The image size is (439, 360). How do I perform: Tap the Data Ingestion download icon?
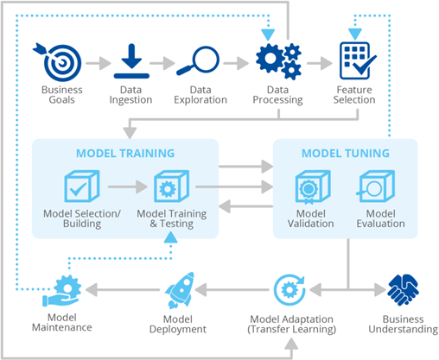(x=131, y=61)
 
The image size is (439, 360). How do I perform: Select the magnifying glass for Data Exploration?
(x=198, y=60)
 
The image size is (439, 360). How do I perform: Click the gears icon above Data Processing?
(x=278, y=61)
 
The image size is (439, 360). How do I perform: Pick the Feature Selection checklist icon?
(x=358, y=60)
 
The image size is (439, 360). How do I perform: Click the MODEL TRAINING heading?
(x=125, y=154)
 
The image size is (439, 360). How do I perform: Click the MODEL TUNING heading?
(x=346, y=154)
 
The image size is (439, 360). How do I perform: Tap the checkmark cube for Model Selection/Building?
(x=82, y=186)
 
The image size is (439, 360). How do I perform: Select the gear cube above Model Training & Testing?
(x=171, y=186)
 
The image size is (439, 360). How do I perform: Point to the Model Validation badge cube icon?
(x=313, y=186)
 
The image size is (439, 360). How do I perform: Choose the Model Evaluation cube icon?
(x=376, y=186)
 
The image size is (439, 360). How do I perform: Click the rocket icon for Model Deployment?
(x=180, y=291)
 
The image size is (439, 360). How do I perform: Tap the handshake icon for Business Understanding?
(x=403, y=289)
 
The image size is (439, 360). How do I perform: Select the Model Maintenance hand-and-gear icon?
(x=61, y=291)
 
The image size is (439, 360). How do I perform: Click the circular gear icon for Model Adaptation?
(x=289, y=290)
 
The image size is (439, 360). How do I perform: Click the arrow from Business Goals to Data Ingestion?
(x=99, y=63)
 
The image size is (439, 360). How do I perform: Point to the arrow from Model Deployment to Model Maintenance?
(x=123, y=289)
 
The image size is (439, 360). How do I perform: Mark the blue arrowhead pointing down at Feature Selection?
(x=355, y=34)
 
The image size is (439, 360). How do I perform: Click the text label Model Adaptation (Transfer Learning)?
(x=291, y=325)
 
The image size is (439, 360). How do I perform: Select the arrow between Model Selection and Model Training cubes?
(x=128, y=186)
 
